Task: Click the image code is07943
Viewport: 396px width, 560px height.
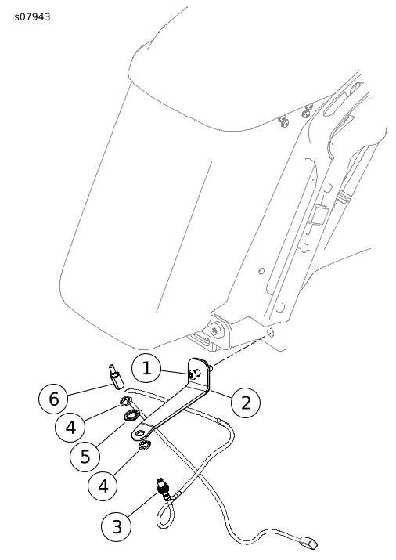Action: coord(31,16)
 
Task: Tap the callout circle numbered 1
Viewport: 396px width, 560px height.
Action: coord(146,368)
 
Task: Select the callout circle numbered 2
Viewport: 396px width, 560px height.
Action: coord(246,403)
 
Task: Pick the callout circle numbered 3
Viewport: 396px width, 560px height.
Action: coord(117,526)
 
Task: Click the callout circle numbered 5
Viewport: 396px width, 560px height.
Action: coord(85,457)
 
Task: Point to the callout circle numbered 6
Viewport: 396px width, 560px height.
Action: coord(53,399)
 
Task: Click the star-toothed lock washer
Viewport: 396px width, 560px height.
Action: coord(131,416)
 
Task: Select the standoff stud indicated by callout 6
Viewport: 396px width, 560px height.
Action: coord(116,377)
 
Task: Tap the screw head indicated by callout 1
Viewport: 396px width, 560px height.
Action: coord(193,374)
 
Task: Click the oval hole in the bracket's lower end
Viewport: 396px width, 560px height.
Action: coord(141,433)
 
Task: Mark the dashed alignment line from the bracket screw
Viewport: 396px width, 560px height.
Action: coord(239,352)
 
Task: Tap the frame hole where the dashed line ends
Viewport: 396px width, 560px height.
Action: coord(271,333)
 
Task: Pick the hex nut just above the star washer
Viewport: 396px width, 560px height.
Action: coord(126,402)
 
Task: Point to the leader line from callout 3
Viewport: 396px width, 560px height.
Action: coord(142,504)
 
